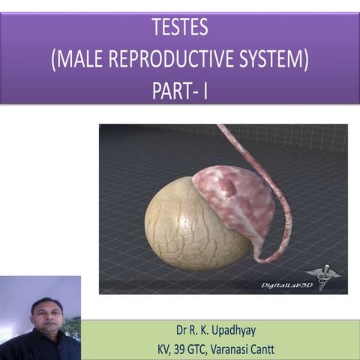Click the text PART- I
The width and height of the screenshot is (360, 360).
(180, 91)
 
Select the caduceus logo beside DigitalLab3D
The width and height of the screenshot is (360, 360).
(323, 277)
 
